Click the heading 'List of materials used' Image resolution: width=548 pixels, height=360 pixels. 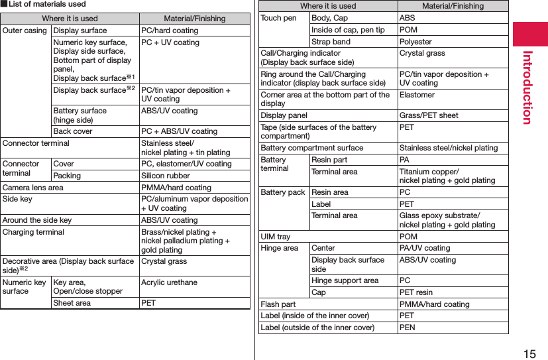point(46,5)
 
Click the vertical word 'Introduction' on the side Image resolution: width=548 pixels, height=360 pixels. point(528,86)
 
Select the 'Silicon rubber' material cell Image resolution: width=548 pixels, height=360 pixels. point(165,176)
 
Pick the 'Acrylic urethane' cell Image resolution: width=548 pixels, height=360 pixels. point(169,282)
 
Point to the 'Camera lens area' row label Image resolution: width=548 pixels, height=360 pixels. point(33,188)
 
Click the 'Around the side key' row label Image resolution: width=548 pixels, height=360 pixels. point(37,220)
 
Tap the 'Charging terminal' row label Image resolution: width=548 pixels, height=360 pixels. point(33,233)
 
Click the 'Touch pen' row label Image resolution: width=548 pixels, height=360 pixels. point(279,18)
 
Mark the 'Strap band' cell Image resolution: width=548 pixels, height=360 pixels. point(331,42)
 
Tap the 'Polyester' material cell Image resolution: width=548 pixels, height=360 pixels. point(415,42)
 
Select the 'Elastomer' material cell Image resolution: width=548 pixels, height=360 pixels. point(417,95)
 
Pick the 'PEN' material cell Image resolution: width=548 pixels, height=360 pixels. point(408,328)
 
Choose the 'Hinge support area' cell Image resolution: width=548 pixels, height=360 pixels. point(345,280)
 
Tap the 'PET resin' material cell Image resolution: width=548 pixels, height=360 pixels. point(415,292)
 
